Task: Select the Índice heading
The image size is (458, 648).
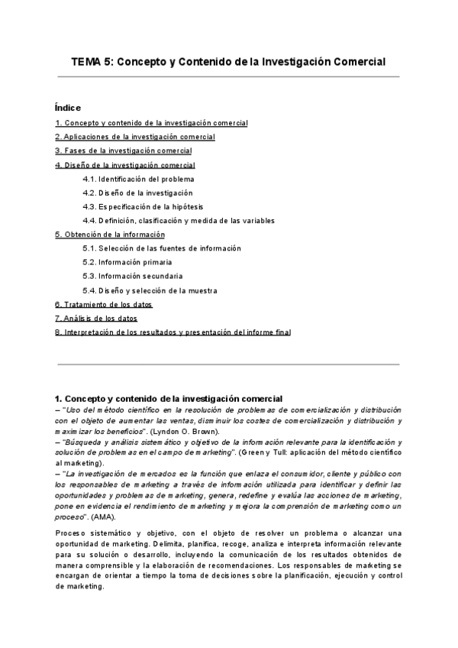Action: pyautogui.click(x=68, y=108)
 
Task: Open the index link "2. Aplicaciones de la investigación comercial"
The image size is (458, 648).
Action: pyautogui.click(x=135, y=137)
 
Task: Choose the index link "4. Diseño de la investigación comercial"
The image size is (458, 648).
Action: pyautogui.click(x=125, y=165)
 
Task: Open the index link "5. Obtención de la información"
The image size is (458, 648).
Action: pyautogui.click(x=110, y=235)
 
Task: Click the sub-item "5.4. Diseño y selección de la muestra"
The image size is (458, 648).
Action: pyautogui.click(x=150, y=290)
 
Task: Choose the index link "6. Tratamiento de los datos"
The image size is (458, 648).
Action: pyautogui.click(x=104, y=304)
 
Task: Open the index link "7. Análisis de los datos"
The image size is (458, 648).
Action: pyautogui.click(x=96, y=318)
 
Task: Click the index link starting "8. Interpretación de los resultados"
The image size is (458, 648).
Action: pyautogui.click(x=173, y=332)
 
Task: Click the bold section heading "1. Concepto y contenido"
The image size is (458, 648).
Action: pyautogui.click(x=169, y=399)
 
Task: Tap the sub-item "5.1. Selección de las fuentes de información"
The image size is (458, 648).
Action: pyautogui.click(x=162, y=248)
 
